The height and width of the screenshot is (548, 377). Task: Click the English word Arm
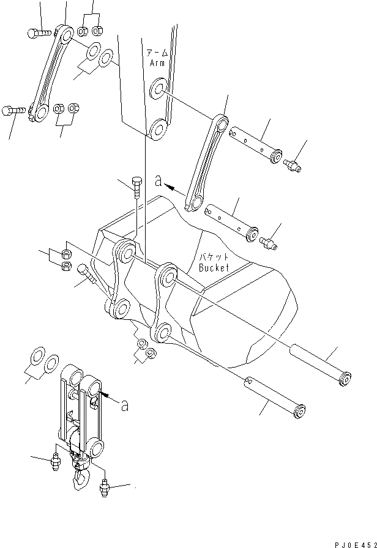[x=157, y=62]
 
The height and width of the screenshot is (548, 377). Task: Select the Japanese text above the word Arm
[x=157, y=53]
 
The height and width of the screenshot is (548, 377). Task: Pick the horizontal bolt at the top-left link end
[x=38, y=33]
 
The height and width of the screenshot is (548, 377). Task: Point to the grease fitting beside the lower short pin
[x=269, y=243]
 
